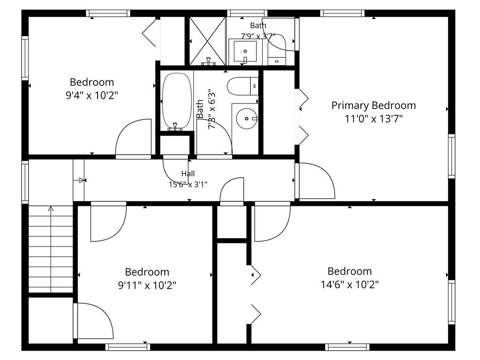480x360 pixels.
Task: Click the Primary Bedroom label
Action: click(374, 105)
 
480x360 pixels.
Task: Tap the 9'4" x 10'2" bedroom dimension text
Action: click(92, 96)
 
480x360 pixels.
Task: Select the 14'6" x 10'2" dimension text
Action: click(350, 285)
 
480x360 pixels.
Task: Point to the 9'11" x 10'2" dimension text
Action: click(147, 285)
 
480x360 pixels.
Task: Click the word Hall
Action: click(188, 173)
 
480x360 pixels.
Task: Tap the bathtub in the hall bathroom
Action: click(177, 101)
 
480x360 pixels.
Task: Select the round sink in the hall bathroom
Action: click(247, 119)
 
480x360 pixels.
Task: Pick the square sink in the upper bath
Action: click(245, 51)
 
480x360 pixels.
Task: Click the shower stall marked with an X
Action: click(208, 41)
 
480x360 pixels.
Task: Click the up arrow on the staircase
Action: click(51, 209)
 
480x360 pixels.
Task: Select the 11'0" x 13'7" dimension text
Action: click(374, 119)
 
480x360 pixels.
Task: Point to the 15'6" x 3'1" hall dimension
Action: click(188, 184)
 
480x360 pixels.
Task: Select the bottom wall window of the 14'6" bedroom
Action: click(347, 347)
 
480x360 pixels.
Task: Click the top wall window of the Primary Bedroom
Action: click(343, 13)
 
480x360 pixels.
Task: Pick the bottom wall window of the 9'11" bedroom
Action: click(127, 347)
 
